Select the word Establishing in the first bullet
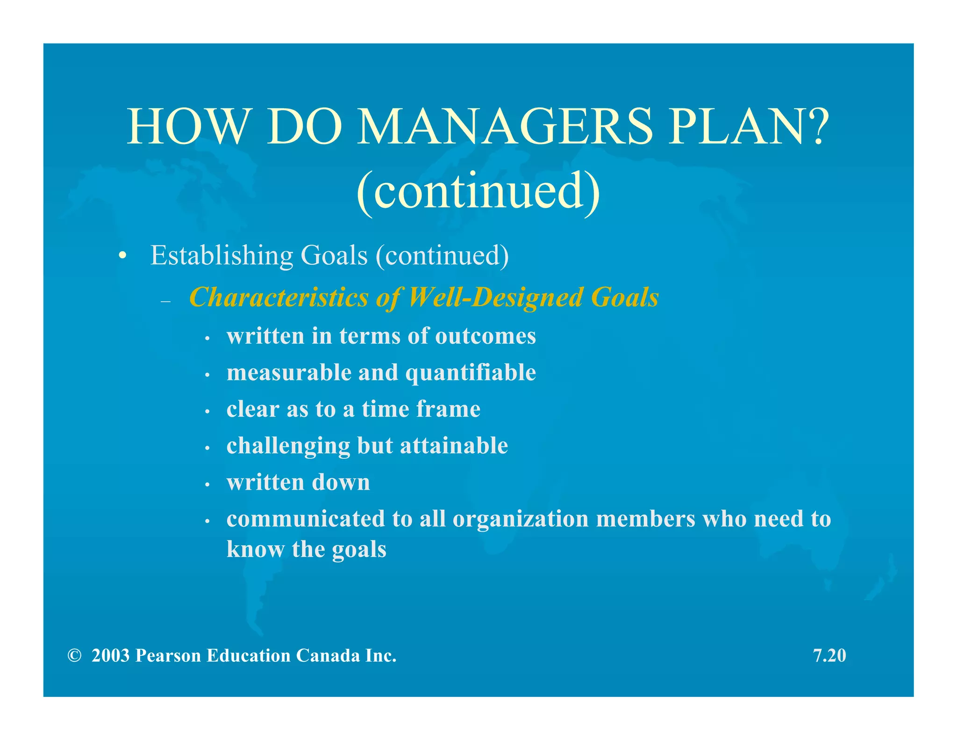(221, 256)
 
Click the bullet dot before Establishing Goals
(122, 256)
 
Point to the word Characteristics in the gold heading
(279, 297)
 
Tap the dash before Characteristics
(165, 302)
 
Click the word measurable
(289, 373)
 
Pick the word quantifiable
(471, 373)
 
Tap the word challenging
(288, 446)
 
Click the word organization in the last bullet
(521, 519)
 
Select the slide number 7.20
(829, 655)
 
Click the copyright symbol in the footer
(74, 655)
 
